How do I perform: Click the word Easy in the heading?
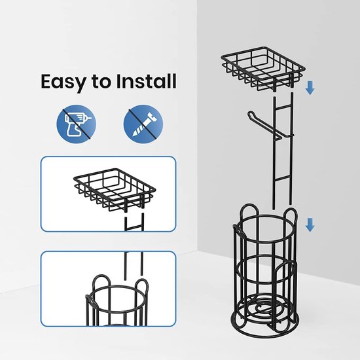coord(63,82)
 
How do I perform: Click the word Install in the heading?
coord(146,81)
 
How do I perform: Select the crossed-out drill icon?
coord(77,124)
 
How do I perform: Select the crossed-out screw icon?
coord(143,124)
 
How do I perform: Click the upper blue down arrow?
coord(310,88)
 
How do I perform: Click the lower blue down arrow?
coord(310,225)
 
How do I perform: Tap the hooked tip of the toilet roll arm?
coord(250,114)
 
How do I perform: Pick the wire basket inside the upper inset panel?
coord(115,190)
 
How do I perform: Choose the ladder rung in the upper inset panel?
coord(134,228)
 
